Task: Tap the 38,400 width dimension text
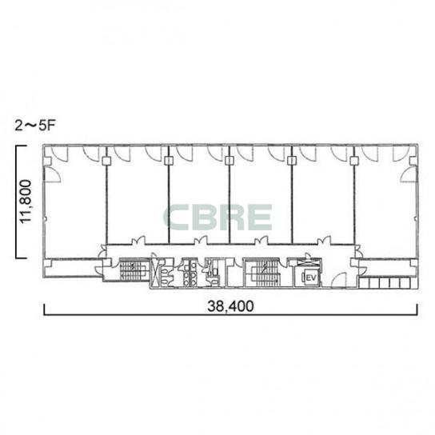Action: [x=230, y=306]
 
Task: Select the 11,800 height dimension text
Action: [x=26, y=202]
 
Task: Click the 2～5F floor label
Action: [x=35, y=126]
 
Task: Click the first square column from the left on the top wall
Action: [x=106, y=161]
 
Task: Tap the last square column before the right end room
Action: [x=354, y=161]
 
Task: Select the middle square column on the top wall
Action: [x=229, y=161]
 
